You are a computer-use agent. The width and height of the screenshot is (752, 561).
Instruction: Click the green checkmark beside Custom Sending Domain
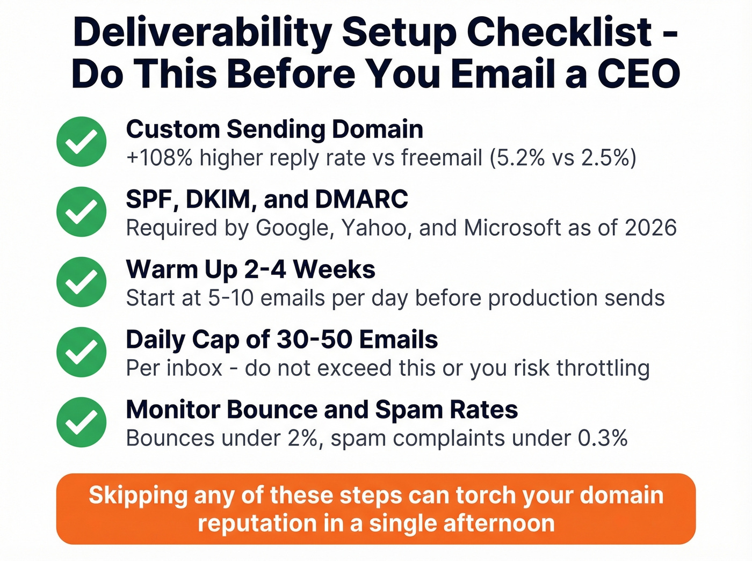click(x=81, y=142)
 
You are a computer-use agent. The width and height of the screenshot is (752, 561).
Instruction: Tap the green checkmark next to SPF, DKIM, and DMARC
click(x=81, y=212)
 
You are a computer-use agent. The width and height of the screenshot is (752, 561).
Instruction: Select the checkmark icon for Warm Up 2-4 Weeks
click(x=81, y=282)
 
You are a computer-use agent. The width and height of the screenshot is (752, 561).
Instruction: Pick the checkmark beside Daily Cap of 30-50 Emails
click(x=81, y=352)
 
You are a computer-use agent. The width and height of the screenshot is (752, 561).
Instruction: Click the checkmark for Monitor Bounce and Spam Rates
click(x=81, y=422)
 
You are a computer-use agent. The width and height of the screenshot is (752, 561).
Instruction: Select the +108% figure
click(x=159, y=158)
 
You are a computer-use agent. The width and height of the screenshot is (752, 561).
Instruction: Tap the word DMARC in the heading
click(x=361, y=200)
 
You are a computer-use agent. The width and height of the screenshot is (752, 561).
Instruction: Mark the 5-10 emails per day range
click(x=230, y=298)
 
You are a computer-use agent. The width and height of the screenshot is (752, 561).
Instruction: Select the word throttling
click(x=603, y=368)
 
